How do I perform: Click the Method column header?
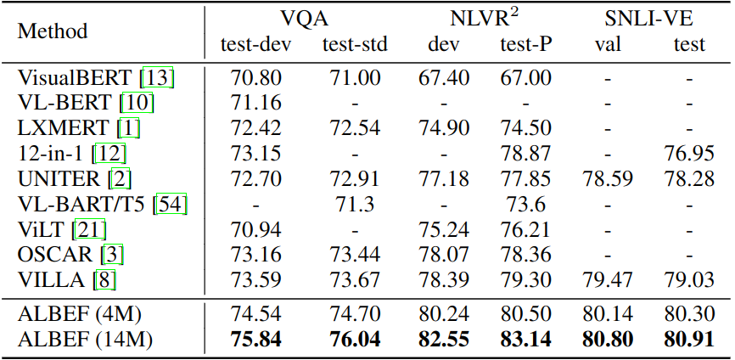coord(53,31)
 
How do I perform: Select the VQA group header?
coord(306,17)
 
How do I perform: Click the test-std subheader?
coord(355,44)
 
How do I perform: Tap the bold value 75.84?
coord(255,339)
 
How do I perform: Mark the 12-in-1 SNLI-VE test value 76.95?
coord(689,155)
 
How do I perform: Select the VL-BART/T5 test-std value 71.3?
coord(355,205)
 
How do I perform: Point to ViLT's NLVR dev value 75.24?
coord(444,230)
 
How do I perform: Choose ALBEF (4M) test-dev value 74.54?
coord(255,314)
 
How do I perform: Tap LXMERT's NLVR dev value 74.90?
coord(444,130)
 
